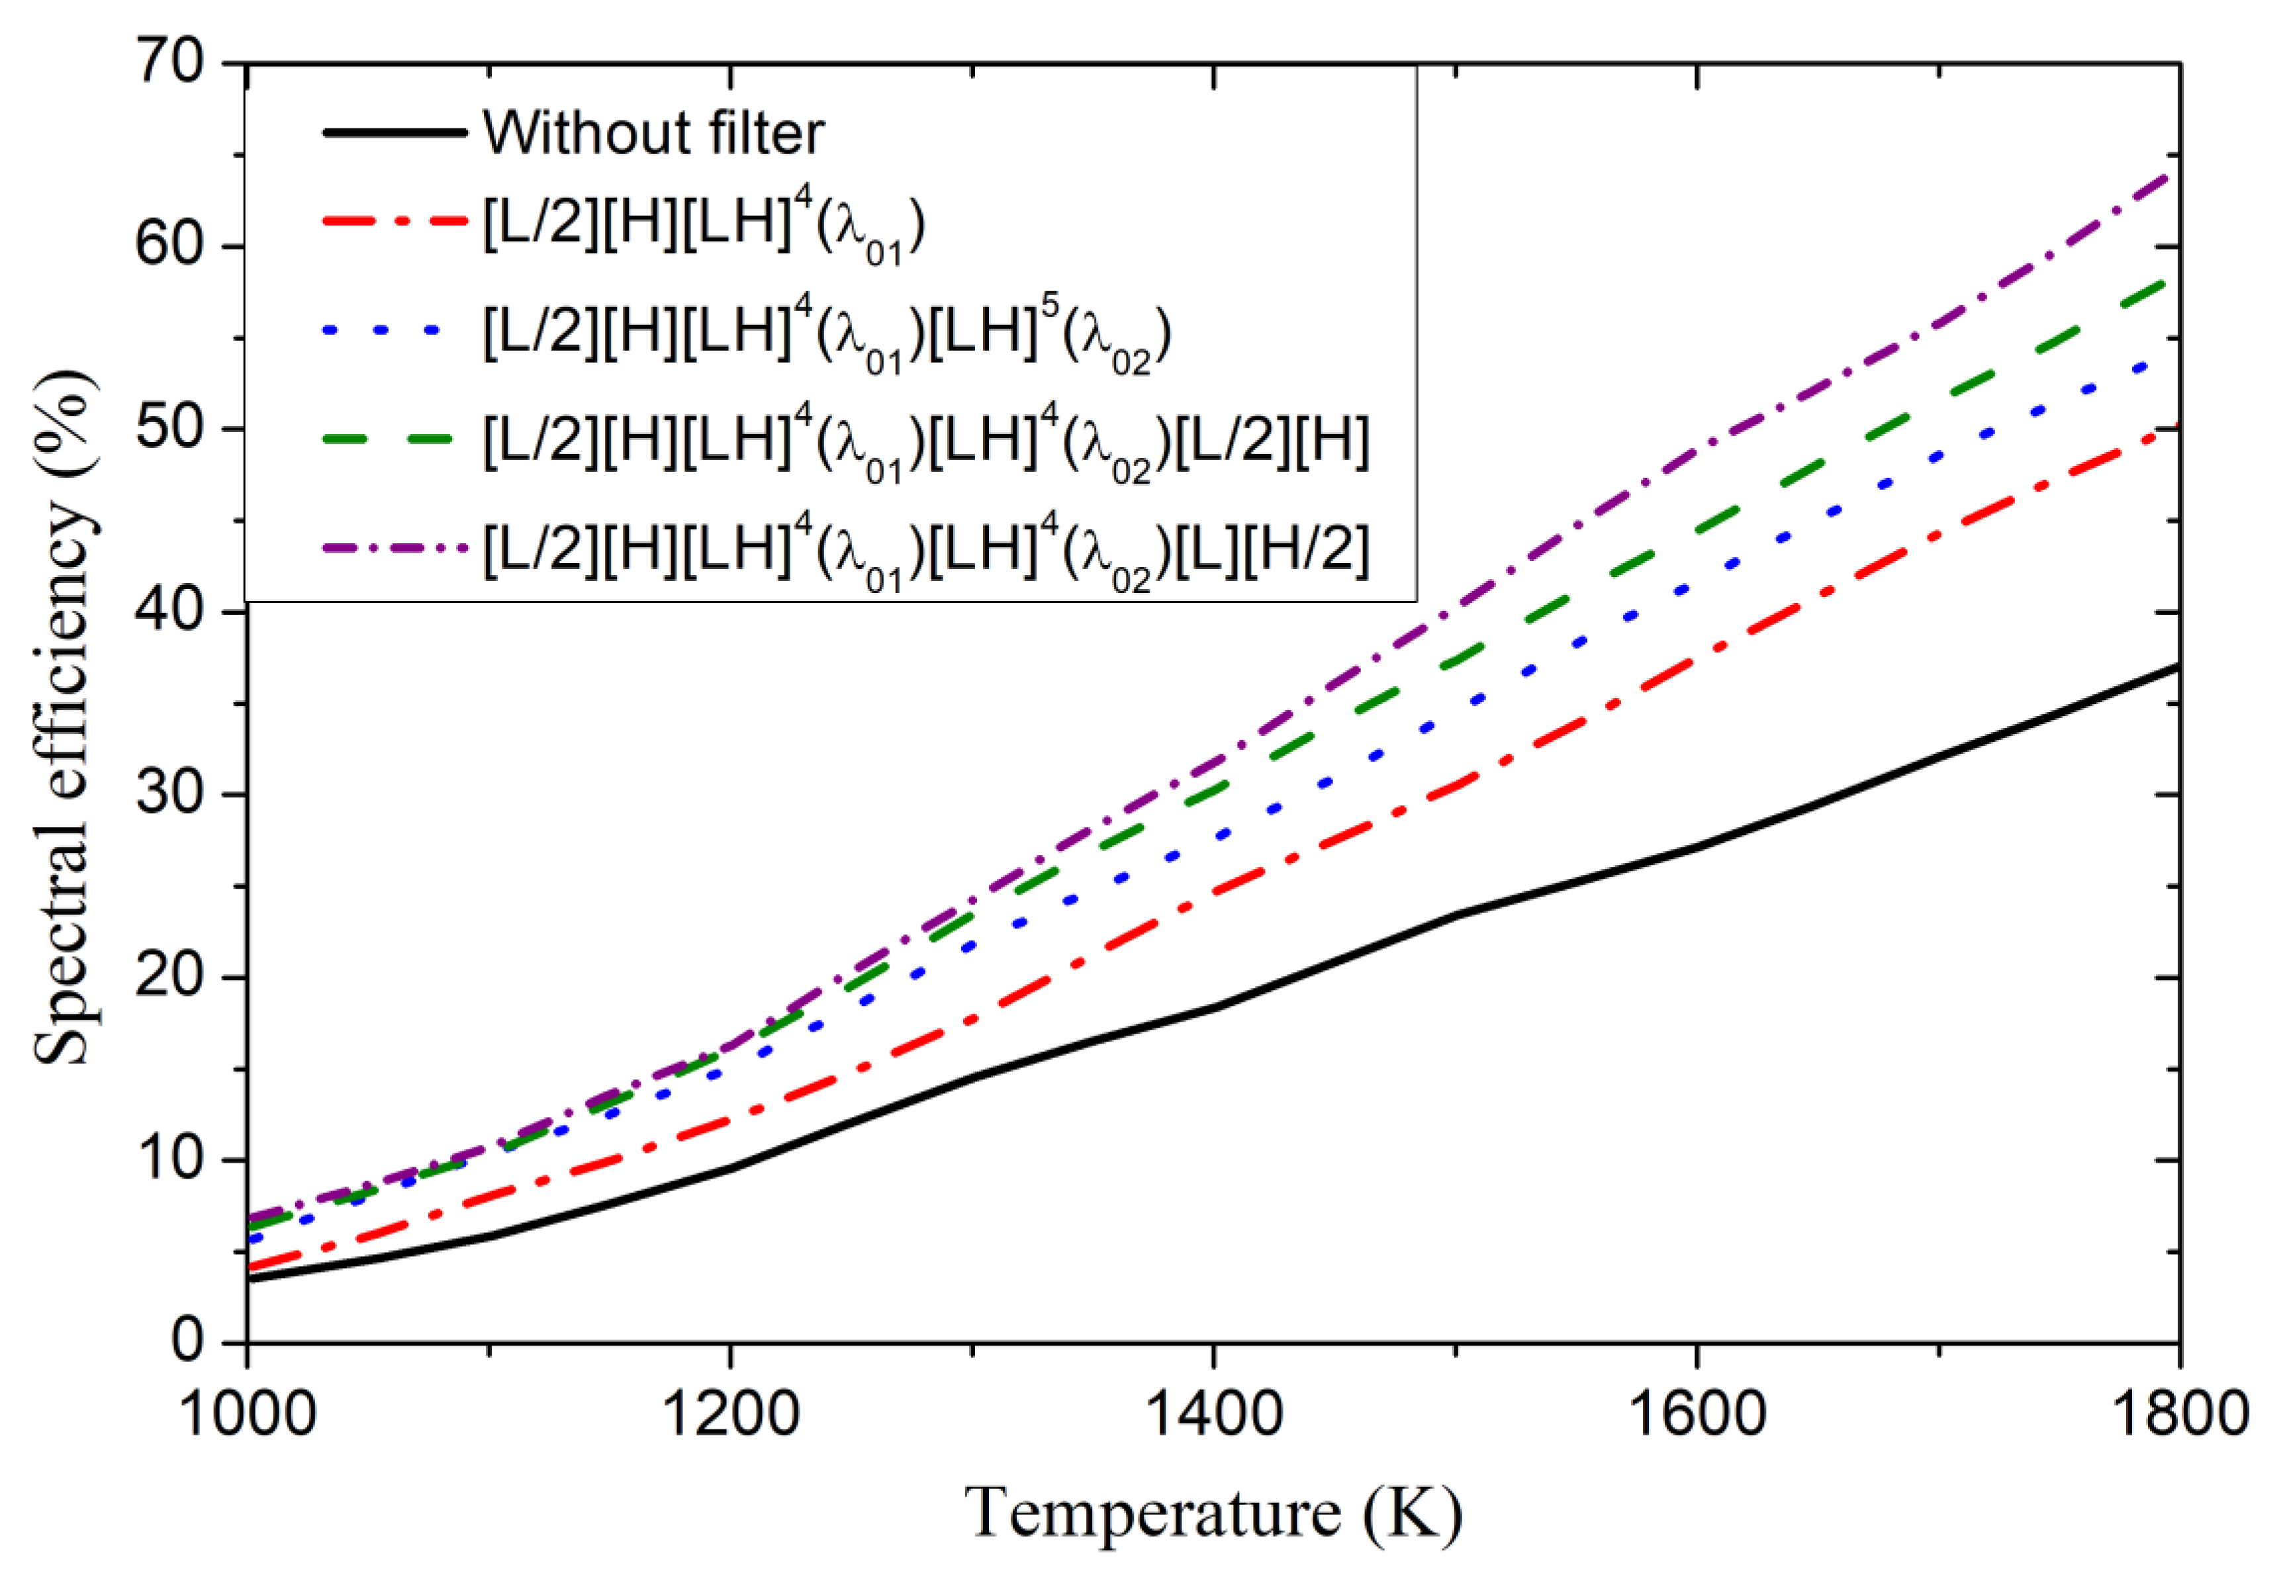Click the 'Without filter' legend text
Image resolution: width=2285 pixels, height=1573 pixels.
[x=653, y=132]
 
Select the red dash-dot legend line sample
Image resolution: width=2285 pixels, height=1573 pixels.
[x=395, y=222]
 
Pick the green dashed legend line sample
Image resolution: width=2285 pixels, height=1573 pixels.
[x=395, y=439]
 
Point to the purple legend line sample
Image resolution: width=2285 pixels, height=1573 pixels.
[x=395, y=547]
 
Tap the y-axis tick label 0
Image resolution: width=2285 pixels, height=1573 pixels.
[x=187, y=1341]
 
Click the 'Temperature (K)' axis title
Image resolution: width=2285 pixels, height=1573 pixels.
[x=1213, y=1513]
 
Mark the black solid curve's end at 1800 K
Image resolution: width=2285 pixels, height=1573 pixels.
[x=2176, y=667]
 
